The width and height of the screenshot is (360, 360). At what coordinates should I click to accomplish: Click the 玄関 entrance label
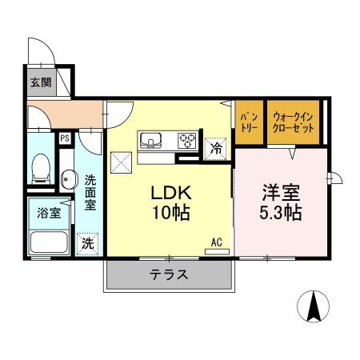[x=41, y=82]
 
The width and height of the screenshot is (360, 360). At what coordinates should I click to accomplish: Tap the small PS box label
[x=64, y=138]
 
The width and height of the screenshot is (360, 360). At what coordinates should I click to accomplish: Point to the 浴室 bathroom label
[x=49, y=213]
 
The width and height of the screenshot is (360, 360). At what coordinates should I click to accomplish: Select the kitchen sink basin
[x=151, y=141]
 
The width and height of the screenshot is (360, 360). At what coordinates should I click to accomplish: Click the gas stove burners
[x=188, y=141]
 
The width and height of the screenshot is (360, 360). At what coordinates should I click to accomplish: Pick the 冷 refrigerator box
[x=215, y=147]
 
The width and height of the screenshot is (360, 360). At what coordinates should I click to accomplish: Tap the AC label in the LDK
[x=216, y=241]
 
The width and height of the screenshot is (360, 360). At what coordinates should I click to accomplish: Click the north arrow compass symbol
[x=315, y=308]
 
